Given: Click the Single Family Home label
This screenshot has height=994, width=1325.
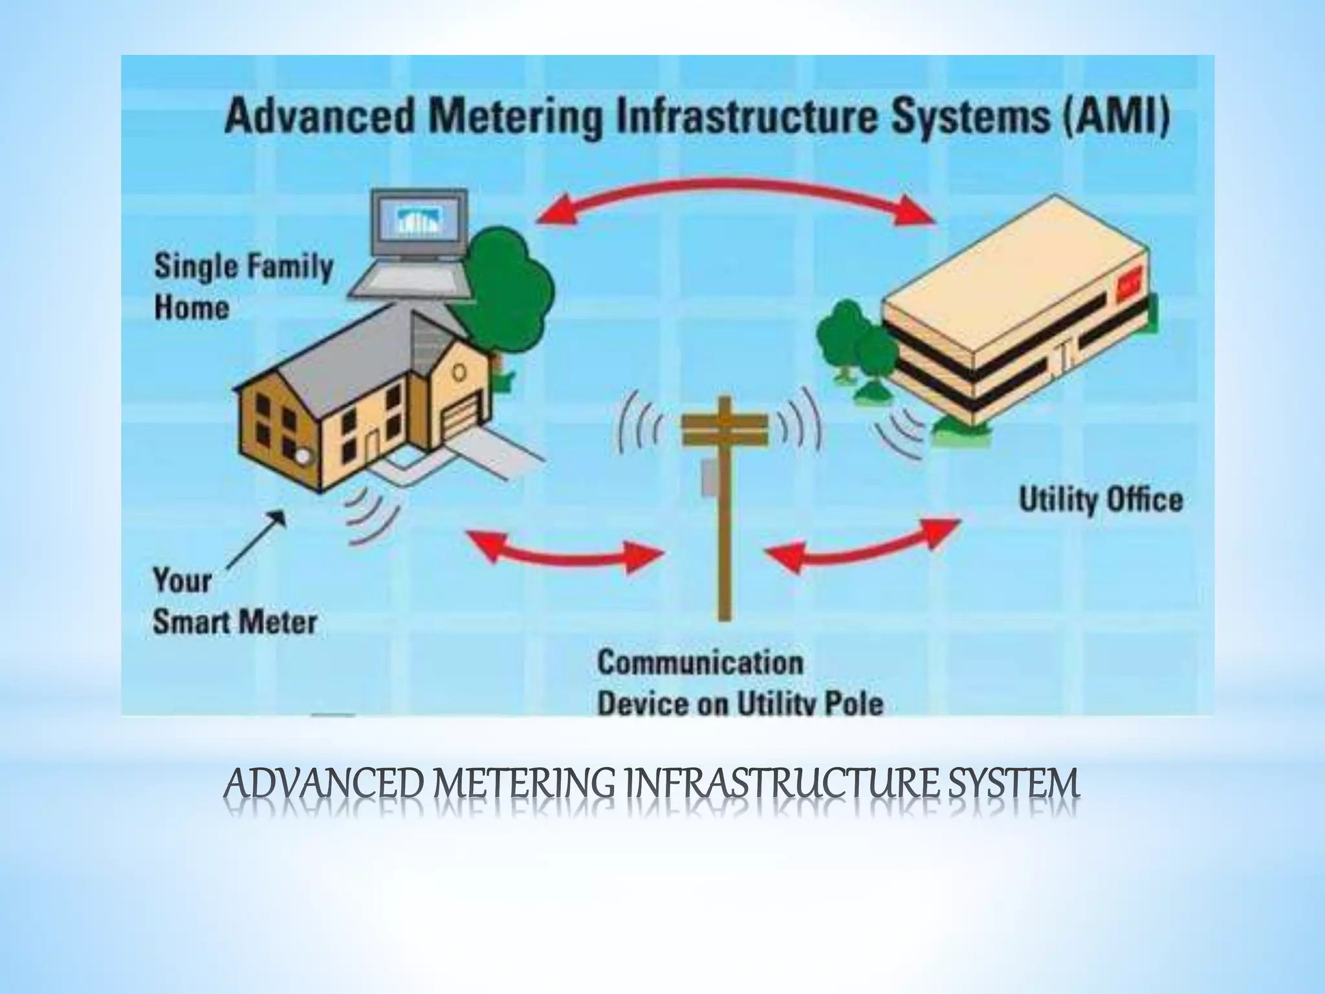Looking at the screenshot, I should (x=243, y=287).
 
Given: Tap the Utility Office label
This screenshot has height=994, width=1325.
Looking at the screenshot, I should (x=1101, y=501).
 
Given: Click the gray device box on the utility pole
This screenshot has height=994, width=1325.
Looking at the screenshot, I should (x=710, y=479).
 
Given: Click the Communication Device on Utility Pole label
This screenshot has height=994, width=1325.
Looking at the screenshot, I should (x=739, y=683).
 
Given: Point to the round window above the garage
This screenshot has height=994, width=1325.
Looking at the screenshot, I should (x=459, y=372).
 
